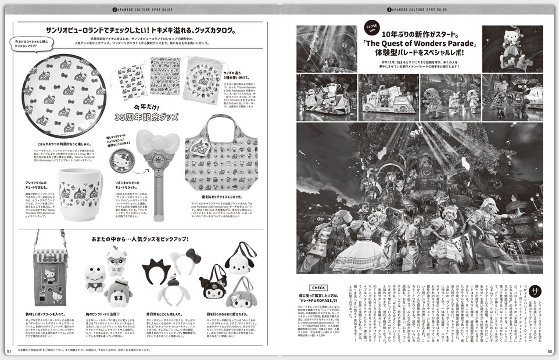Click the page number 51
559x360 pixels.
[9, 351]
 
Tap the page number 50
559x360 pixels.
[550, 351]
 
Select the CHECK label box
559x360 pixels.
[319, 287]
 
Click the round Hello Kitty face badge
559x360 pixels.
[120, 160]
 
